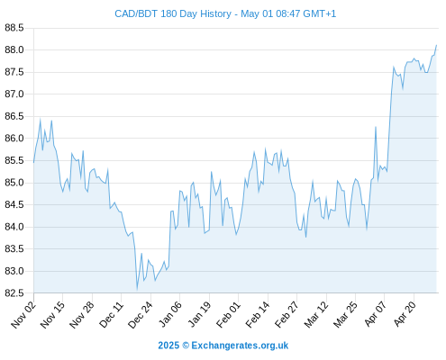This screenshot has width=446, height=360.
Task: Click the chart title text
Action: coord(225,13)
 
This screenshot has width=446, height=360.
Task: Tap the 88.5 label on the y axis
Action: coord(14,28)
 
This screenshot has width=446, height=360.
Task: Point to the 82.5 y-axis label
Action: coord(14,293)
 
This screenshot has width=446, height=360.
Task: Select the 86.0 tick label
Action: coord(14,139)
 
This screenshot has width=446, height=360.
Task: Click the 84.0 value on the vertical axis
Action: coord(14,227)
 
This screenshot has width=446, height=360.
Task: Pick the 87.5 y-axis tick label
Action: coord(14,72)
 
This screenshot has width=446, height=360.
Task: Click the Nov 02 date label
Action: coord(23,314)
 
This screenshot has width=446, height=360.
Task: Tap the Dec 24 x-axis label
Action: coord(141,314)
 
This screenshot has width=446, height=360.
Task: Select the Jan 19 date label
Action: coord(199,314)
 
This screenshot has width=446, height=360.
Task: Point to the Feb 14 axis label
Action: coord(258,314)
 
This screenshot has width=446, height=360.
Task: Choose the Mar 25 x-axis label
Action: coord(345,314)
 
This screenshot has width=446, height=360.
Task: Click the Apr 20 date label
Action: coord(405,314)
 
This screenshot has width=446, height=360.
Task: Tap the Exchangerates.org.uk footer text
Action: coord(240,346)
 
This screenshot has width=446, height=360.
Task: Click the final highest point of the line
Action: coord(436,45)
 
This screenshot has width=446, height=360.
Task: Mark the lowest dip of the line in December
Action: coord(137,290)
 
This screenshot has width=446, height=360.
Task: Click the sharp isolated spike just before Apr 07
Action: coord(376,127)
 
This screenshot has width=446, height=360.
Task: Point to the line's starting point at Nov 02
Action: coord(33,162)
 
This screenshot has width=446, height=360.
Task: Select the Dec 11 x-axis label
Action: coord(112,314)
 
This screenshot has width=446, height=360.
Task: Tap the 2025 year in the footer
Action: coord(168,346)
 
